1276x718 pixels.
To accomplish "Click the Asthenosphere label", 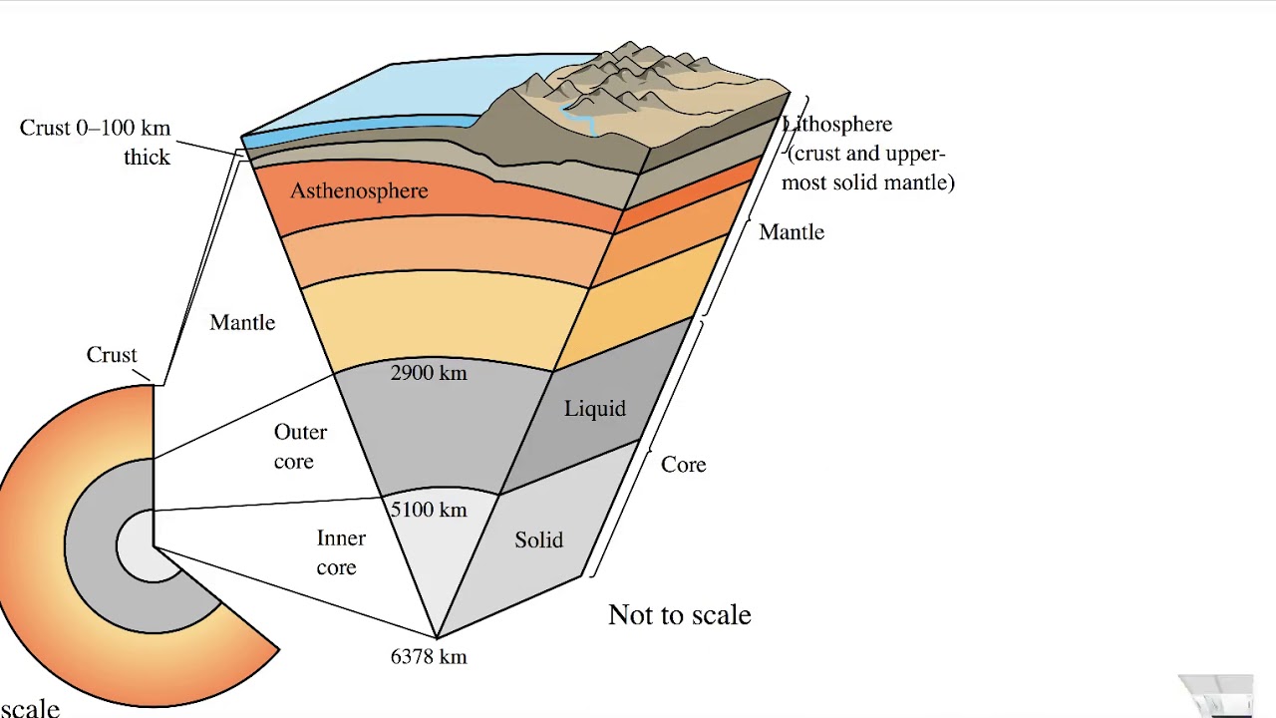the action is click(x=359, y=191).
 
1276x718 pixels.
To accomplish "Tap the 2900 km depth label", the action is click(x=429, y=373).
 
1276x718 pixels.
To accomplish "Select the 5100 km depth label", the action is click(x=429, y=510).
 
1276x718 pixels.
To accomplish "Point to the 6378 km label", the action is click(x=429, y=656).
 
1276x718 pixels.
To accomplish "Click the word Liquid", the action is click(x=595, y=409).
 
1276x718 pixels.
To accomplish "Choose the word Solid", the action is click(x=539, y=540).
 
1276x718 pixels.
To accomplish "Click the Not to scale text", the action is click(x=679, y=614).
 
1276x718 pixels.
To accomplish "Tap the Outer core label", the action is click(x=299, y=447).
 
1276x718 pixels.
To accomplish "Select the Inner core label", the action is click(x=340, y=552).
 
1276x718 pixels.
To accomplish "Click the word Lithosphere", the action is click(x=839, y=125).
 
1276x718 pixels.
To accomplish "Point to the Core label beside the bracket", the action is click(x=684, y=465).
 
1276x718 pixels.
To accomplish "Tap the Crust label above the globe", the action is click(x=112, y=355).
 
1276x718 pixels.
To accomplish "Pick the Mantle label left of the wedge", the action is click(x=242, y=323).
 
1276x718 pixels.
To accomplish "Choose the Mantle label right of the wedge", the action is click(x=792, y=232).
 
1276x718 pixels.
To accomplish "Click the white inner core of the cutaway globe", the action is click(x=137, y=546).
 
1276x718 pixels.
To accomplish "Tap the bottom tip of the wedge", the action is click(x=437, y=635).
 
